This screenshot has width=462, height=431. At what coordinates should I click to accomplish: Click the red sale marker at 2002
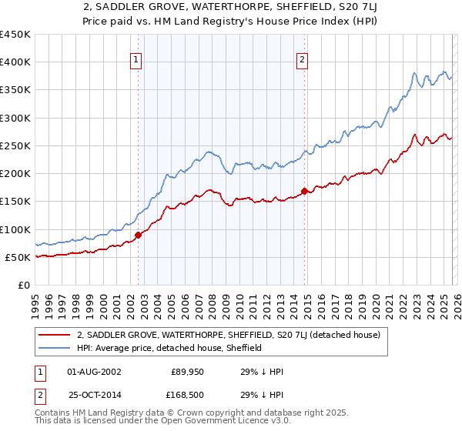[138, 235]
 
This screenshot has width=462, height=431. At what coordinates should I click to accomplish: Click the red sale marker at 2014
[305, 191]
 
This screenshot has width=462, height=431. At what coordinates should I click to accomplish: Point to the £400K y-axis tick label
[15, 62]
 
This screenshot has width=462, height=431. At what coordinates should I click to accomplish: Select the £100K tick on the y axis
[15, 229]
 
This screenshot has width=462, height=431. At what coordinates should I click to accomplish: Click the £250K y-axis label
[15, 145]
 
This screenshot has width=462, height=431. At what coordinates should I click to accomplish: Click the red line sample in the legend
[55, 335]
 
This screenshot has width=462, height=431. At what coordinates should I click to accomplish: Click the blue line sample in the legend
[55, 348]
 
